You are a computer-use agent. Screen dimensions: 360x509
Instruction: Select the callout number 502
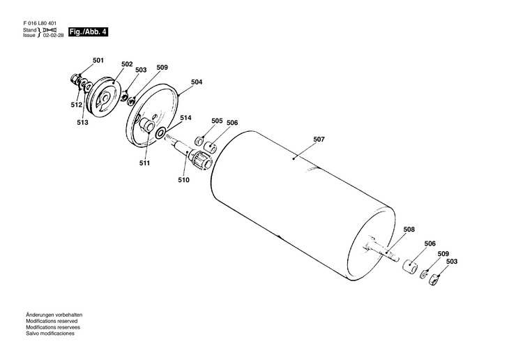tap(126, 64)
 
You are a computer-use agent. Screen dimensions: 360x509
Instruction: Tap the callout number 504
tap(197, 82)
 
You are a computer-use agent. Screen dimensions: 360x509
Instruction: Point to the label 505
tap(217, 121)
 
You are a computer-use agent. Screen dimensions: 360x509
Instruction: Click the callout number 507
tap(319, 140)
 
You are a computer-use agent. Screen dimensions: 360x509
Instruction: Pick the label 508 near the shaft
tap(409, 229)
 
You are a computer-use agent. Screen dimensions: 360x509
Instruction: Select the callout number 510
tap(183, 180)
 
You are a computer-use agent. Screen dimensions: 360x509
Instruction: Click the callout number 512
tap(76, 105)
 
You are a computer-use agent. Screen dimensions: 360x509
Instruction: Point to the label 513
tap(83, 122)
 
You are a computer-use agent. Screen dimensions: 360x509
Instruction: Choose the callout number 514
tap(185, 118)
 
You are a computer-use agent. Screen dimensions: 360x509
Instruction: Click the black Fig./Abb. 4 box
tap(88, 33)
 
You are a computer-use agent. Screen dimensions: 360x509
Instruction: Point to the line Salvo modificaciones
tap(50, 333)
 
